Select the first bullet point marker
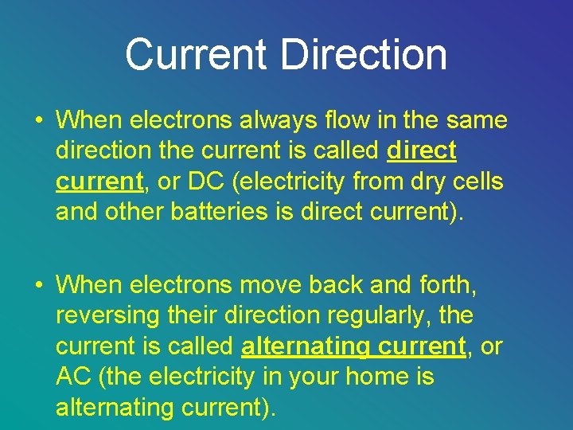pyautogui.click(x=38, y=121)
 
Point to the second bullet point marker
pyautogui.click(x=38, y=284)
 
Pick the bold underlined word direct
pyautogui.click(x=421, y=150)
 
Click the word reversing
pyautogui.click(x=107, y=315)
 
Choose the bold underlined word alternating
pyautogui.click(x=303, y=346)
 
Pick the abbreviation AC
pyautogui.click(x=74, y=376)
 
